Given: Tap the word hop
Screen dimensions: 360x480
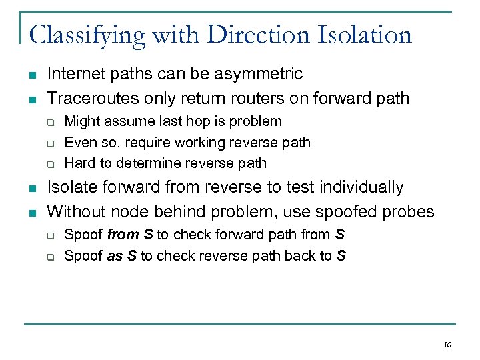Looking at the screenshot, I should pyautogui.click(x=178, y=121).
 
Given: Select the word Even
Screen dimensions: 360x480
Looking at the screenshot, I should pyautogui.click(x=78, y=142).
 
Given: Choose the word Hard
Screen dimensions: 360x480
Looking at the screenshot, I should pyautogui.click(x=79, y=163).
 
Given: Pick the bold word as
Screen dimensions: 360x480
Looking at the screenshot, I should pyautogui.click(x=115, y=255).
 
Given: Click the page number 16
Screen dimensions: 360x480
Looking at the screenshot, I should pyautogui.click(x=447, y=345).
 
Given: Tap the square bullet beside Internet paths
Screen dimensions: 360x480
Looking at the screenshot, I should pyautogui.click(x=31, y=75).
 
